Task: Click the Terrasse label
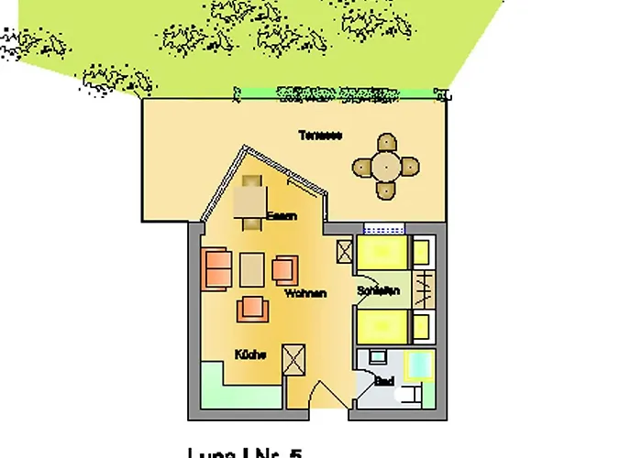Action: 320,136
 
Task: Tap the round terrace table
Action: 386,167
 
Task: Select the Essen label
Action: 281,216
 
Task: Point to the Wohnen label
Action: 305,294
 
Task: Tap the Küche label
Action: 250,354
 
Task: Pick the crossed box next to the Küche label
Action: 295,359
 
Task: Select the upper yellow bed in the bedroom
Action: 382,252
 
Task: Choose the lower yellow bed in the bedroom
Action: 382,326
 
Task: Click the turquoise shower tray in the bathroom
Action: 421,364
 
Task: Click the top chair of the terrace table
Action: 386,143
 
